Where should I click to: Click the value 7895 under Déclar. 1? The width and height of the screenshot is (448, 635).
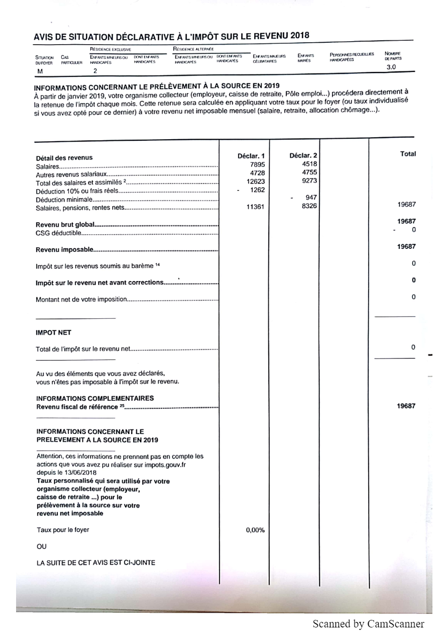pos(257,164)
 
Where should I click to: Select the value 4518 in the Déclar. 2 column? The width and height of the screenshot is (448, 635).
pos(309,164)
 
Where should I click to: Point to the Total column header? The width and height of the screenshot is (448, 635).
pos(408,154)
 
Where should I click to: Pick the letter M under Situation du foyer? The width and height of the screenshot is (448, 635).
pos(40,71)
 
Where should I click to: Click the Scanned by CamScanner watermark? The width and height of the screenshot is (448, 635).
pos(368,624)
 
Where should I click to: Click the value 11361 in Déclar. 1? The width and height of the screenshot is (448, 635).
pos(255,206)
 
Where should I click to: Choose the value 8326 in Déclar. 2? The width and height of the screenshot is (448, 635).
pos(309,205)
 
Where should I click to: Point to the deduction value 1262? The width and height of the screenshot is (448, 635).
pos(257,190)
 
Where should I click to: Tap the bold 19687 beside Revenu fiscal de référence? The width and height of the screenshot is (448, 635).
pos(406,406)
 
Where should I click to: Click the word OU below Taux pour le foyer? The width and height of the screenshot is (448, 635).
pos(41,546)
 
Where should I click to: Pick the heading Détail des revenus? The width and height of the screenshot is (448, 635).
pos(64,158)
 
